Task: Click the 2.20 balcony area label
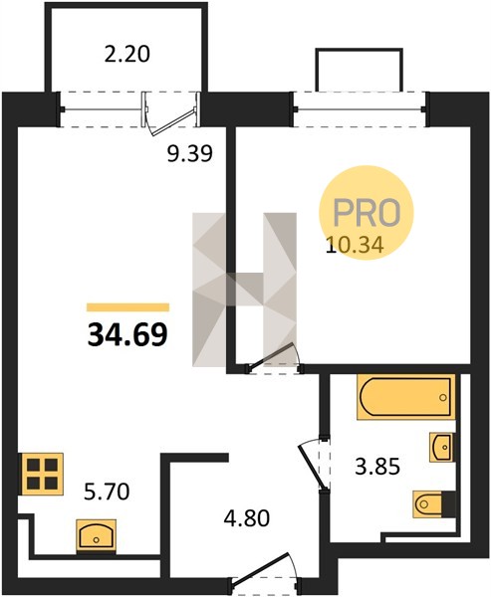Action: coord(126,55)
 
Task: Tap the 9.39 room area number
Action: coord(190,154)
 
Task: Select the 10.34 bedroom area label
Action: coord(355,245)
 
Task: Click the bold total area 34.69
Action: coord(127,334)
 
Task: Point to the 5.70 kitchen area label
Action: coord(107,491)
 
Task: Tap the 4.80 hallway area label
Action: coord(247,517)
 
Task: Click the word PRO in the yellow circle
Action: coord(368,212)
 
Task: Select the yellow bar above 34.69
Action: coord(128,306)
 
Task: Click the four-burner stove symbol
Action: coord(42,474)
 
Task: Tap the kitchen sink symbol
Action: coord(96,535)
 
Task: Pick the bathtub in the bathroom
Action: coord(406,397)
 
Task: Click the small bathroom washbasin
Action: coord(442,447)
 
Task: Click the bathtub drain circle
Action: coord(442,397)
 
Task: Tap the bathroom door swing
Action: coord(314,463)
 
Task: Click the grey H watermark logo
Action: coord(244,290)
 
